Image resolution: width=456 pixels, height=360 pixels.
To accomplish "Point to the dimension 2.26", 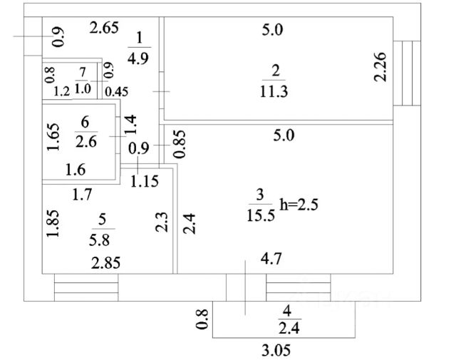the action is pos(381,66).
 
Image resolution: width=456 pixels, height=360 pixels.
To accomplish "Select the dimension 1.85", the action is pos(51,225).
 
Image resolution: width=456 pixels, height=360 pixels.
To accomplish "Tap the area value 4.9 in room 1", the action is pos(140,58).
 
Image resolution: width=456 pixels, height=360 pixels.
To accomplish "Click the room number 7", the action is pos(83,71).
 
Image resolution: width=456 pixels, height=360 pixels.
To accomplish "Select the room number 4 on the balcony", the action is pos(287,311).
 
